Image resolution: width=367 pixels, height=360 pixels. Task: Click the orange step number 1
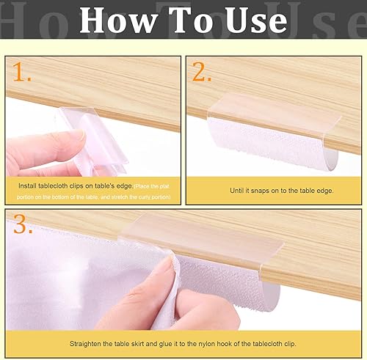(x=22, y=73)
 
